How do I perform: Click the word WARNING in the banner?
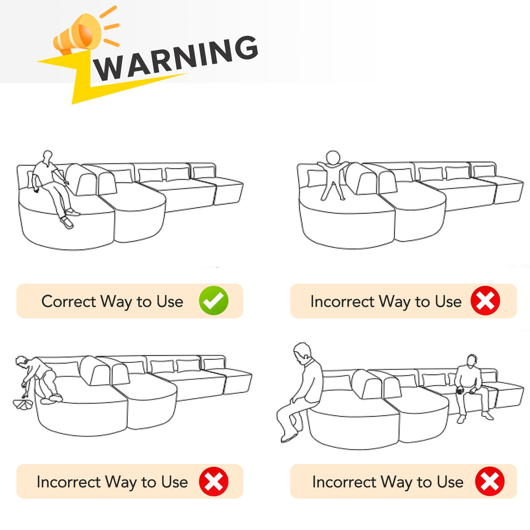point(176,58)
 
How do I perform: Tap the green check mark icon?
point(214,301)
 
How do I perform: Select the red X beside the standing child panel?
point(485,301)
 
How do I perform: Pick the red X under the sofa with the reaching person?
point(214,481)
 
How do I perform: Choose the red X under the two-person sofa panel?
point(490,481)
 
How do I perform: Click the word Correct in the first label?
point(69,301)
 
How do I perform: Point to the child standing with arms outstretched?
point(333,175)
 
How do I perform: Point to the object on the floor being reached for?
point(23,404)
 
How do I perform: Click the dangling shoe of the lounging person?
point(67,223)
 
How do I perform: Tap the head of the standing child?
point(333,157)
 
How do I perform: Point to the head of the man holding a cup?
point(472,361)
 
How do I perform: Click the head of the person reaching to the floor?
point(21,361)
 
